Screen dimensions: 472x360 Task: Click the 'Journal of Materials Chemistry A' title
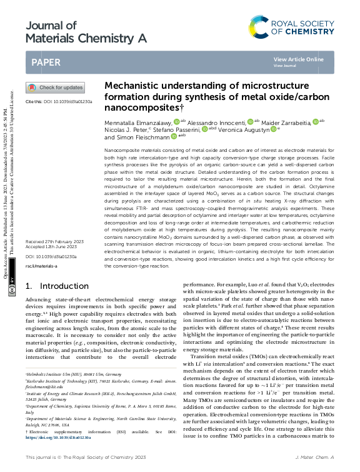click(86, 32)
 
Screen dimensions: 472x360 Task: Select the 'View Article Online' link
click(299, 59)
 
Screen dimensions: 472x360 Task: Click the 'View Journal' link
click(285, 66)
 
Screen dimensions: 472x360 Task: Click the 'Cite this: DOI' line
click(59, 101)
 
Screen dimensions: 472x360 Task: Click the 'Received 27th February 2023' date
click(54, 241)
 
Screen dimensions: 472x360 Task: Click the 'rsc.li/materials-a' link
click(41, 266)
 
